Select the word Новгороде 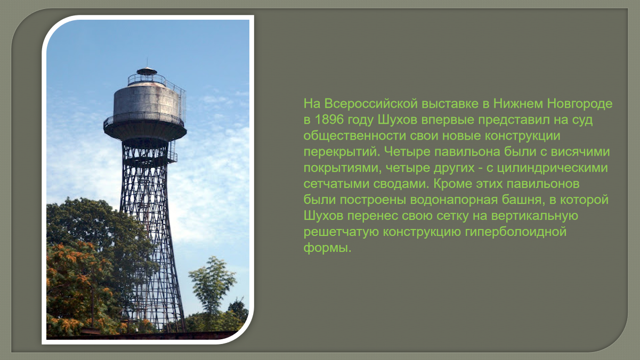580,104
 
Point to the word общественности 354,136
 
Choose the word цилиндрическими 552,168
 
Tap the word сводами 401,184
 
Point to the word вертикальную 534,216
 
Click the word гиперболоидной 515,232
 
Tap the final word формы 327,248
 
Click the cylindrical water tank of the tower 147,101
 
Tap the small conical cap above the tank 147,71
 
